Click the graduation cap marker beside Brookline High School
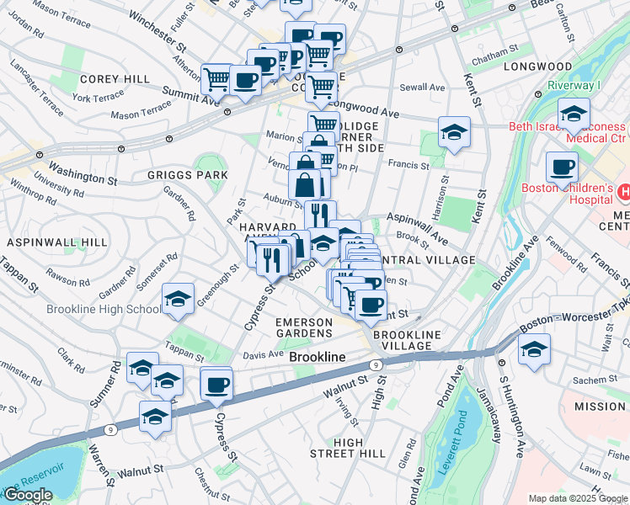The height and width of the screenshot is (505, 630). [178, 300]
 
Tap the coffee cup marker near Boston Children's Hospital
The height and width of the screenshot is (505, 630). [562, 167]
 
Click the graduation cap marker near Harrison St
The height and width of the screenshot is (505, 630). [454, 131]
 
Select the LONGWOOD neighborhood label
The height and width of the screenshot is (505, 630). [537, 66]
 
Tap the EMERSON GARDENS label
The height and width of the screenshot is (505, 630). [304, 328]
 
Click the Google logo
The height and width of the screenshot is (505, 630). [28, 495]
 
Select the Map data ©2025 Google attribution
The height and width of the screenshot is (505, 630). [577, 498]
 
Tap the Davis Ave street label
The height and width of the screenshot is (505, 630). [263, 354]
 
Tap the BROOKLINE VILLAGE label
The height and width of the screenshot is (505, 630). [407, 341]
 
